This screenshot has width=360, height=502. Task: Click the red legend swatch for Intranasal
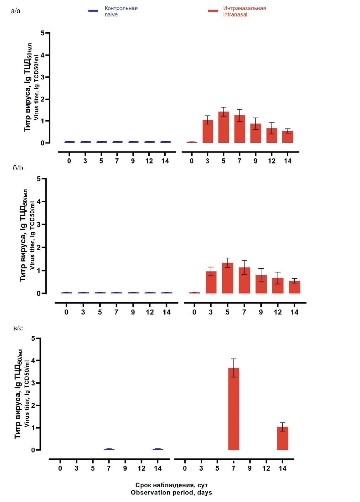213,11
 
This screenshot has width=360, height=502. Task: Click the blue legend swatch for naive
93,11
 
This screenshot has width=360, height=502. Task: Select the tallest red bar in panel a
224,127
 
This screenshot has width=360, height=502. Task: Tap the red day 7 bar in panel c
234,409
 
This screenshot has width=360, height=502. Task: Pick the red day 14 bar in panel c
282,438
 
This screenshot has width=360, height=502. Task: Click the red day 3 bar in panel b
211,282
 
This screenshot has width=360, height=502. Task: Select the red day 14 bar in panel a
288,137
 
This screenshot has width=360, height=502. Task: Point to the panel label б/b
18,168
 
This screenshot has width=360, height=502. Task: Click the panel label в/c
18,328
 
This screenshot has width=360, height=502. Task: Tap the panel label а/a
16,11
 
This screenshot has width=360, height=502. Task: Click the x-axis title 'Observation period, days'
171,492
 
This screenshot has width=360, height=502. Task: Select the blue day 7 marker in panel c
109,449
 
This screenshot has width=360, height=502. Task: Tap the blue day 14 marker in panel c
158,449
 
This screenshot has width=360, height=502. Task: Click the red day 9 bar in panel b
261,284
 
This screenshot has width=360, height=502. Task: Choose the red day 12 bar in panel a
272,135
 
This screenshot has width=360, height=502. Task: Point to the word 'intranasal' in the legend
235,14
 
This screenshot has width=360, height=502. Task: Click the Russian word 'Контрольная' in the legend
121,8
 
